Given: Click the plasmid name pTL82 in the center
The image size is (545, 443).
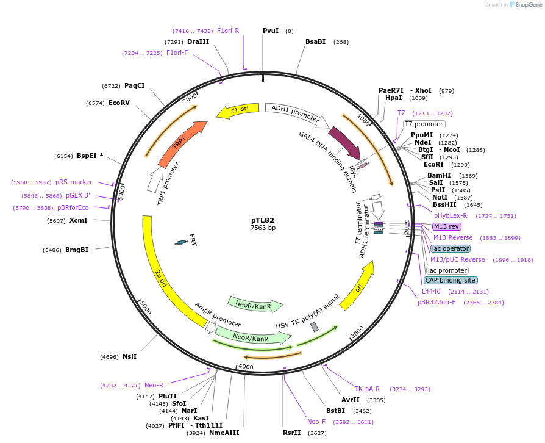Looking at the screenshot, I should pos(263,220).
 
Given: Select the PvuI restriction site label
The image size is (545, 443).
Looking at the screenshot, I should pos(271,31).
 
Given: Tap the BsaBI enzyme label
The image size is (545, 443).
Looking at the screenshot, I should pos(315,41).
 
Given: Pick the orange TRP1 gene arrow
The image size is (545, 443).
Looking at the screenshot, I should pos(181,143).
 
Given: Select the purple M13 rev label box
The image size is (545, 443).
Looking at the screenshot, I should pos(447,226).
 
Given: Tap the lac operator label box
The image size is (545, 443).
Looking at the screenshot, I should pos(450,248).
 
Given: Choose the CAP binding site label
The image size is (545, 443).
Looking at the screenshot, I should pos(450,280).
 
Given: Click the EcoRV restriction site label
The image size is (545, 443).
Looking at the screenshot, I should pos(119,103).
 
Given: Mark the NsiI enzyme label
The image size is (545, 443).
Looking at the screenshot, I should pos(129,356).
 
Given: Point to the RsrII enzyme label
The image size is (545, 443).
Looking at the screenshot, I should pos(291,433).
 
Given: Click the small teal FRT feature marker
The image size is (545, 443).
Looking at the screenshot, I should pos(181,242).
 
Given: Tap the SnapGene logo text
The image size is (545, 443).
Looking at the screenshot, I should pos(527,5).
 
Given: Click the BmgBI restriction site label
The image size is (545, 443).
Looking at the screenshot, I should pos(77,250).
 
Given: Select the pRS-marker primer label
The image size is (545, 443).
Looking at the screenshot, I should pos(74,182).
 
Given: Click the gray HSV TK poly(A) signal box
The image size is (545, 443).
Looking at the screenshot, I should pos(315,327).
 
